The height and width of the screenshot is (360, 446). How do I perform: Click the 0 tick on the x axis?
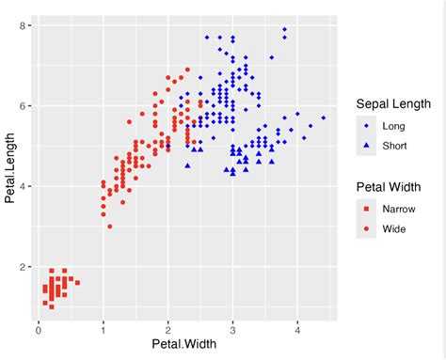[x=38, y=329]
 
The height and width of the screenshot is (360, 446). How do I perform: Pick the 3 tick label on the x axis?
[x=232, y=329]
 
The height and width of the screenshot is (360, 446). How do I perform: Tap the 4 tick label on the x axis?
[x=297, y=329]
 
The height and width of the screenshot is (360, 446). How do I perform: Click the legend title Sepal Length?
[x=393, y=103]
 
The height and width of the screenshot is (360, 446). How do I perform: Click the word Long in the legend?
[x=393, y=125]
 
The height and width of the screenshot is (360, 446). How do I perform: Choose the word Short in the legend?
[x=394, y=146]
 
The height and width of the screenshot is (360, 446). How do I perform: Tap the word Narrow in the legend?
[x=399, y=208]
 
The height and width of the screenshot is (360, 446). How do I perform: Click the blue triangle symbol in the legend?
[x=365, y=146]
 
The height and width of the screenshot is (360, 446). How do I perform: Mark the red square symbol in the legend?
[x=365, y=208]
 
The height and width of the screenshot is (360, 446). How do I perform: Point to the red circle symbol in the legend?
[x=365, y=228]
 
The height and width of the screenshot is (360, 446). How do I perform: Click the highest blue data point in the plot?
[x=284, y=29]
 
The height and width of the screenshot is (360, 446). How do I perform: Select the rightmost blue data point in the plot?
[x=323, y=117]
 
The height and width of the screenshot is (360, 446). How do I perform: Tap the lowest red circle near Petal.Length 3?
[x=109, y=227]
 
